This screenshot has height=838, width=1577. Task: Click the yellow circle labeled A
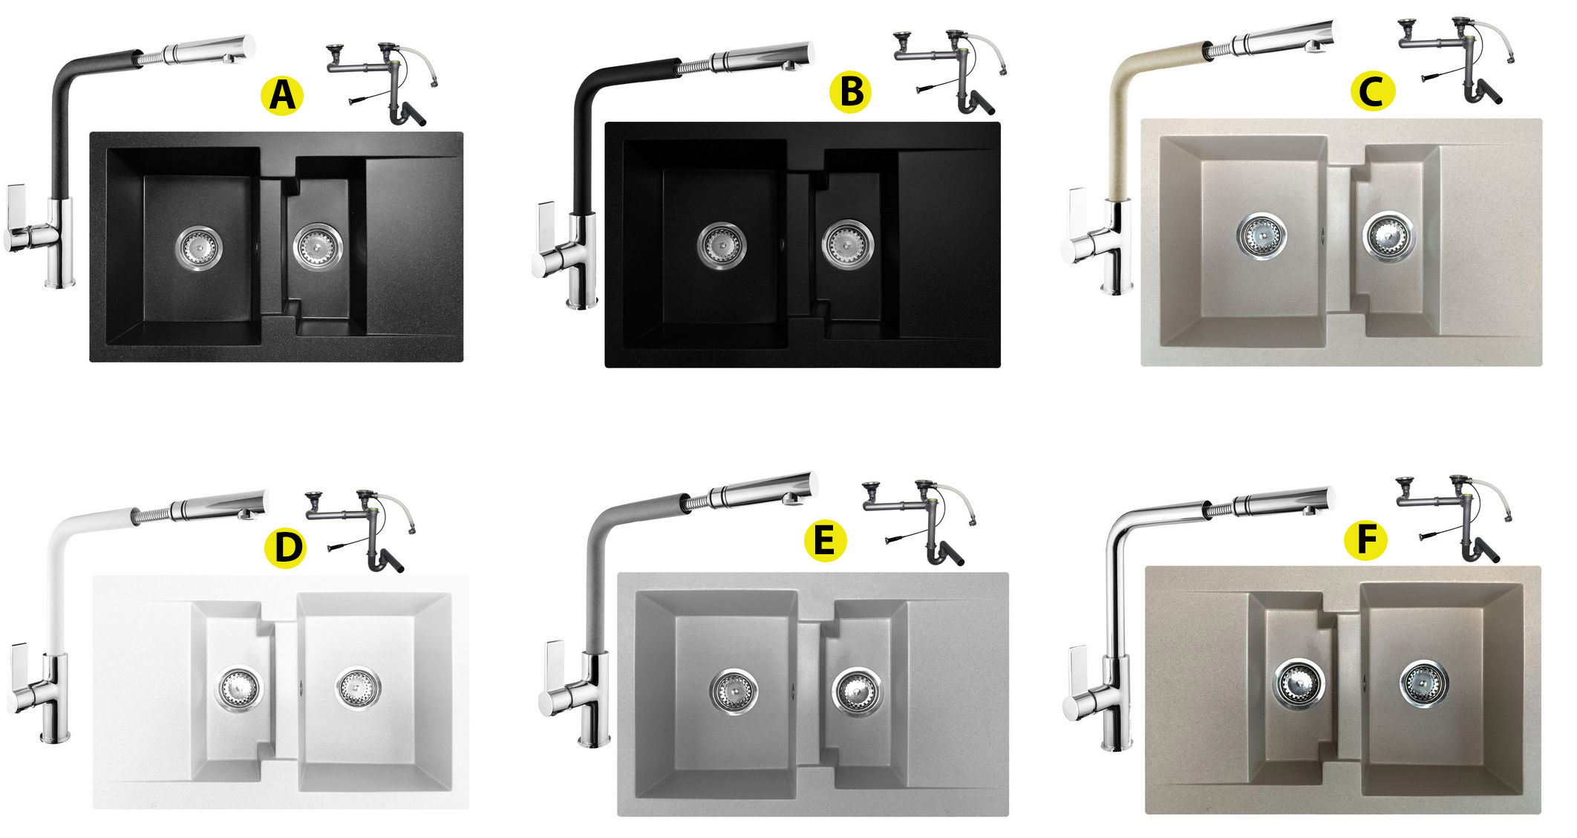282,95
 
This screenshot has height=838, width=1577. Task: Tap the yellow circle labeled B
850,92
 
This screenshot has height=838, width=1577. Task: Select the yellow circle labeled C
1373,92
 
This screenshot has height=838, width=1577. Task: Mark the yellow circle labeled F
1365,539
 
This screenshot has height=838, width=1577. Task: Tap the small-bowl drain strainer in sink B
847,244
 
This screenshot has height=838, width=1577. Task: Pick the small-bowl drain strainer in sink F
1299,681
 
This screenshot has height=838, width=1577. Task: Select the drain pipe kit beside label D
360,530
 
